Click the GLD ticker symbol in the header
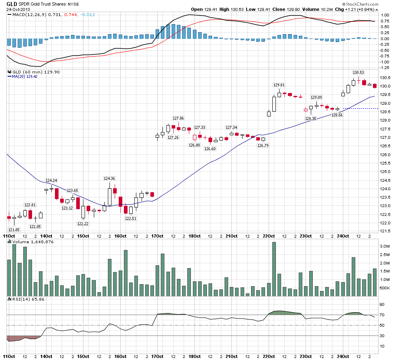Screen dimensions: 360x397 click(11, 4)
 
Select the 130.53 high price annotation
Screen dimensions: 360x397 click(358, 73)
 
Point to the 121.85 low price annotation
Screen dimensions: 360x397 click(14, 230)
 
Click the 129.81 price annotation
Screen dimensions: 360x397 click(279, 85)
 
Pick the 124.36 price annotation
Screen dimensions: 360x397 click(109, 178)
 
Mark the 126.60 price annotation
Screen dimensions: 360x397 click(210, 148)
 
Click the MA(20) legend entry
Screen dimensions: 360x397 click(21, 76)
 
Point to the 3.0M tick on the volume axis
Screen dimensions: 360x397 click(385, 246)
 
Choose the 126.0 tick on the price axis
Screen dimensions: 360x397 click(385, 155)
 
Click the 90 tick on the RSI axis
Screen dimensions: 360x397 click(382, 305)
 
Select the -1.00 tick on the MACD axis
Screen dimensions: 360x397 click(385, 62)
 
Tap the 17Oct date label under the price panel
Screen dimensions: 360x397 click(157, 236)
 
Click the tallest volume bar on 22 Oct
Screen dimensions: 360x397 click(274, 269)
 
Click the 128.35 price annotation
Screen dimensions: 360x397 click(310, 118)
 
